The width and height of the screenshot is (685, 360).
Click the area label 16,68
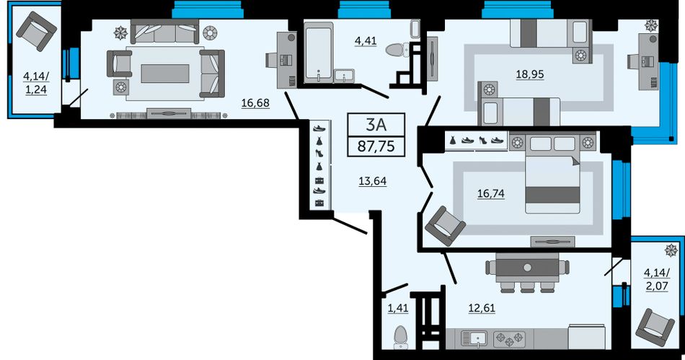click(255, 103)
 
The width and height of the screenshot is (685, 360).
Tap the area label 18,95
click(530, 74)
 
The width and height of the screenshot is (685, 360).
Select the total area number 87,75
click(376, 146)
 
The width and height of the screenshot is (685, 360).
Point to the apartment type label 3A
click(376, 125)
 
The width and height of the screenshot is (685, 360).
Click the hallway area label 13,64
click(372, 181)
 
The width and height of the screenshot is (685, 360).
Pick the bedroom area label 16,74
click(491, 193)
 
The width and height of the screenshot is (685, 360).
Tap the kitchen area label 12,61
click(482, 308)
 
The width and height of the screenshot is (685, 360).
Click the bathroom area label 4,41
click(366, 41)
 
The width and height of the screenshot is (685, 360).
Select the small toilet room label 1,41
click(398, 308)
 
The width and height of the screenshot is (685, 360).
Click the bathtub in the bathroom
click(319, 53)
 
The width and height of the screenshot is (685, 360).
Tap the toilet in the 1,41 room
click(401, 338)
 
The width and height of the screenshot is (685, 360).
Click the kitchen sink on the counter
click(474, 339)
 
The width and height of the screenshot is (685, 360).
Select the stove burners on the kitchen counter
click(509, 339)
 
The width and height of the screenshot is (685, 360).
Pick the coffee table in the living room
click(164, 74)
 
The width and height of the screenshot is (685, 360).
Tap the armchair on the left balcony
click(36, 31)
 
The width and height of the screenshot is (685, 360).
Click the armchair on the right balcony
click(655, 328)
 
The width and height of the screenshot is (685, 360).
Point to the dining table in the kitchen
click(527, 268)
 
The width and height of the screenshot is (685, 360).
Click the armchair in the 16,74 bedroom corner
click(445, 226)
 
